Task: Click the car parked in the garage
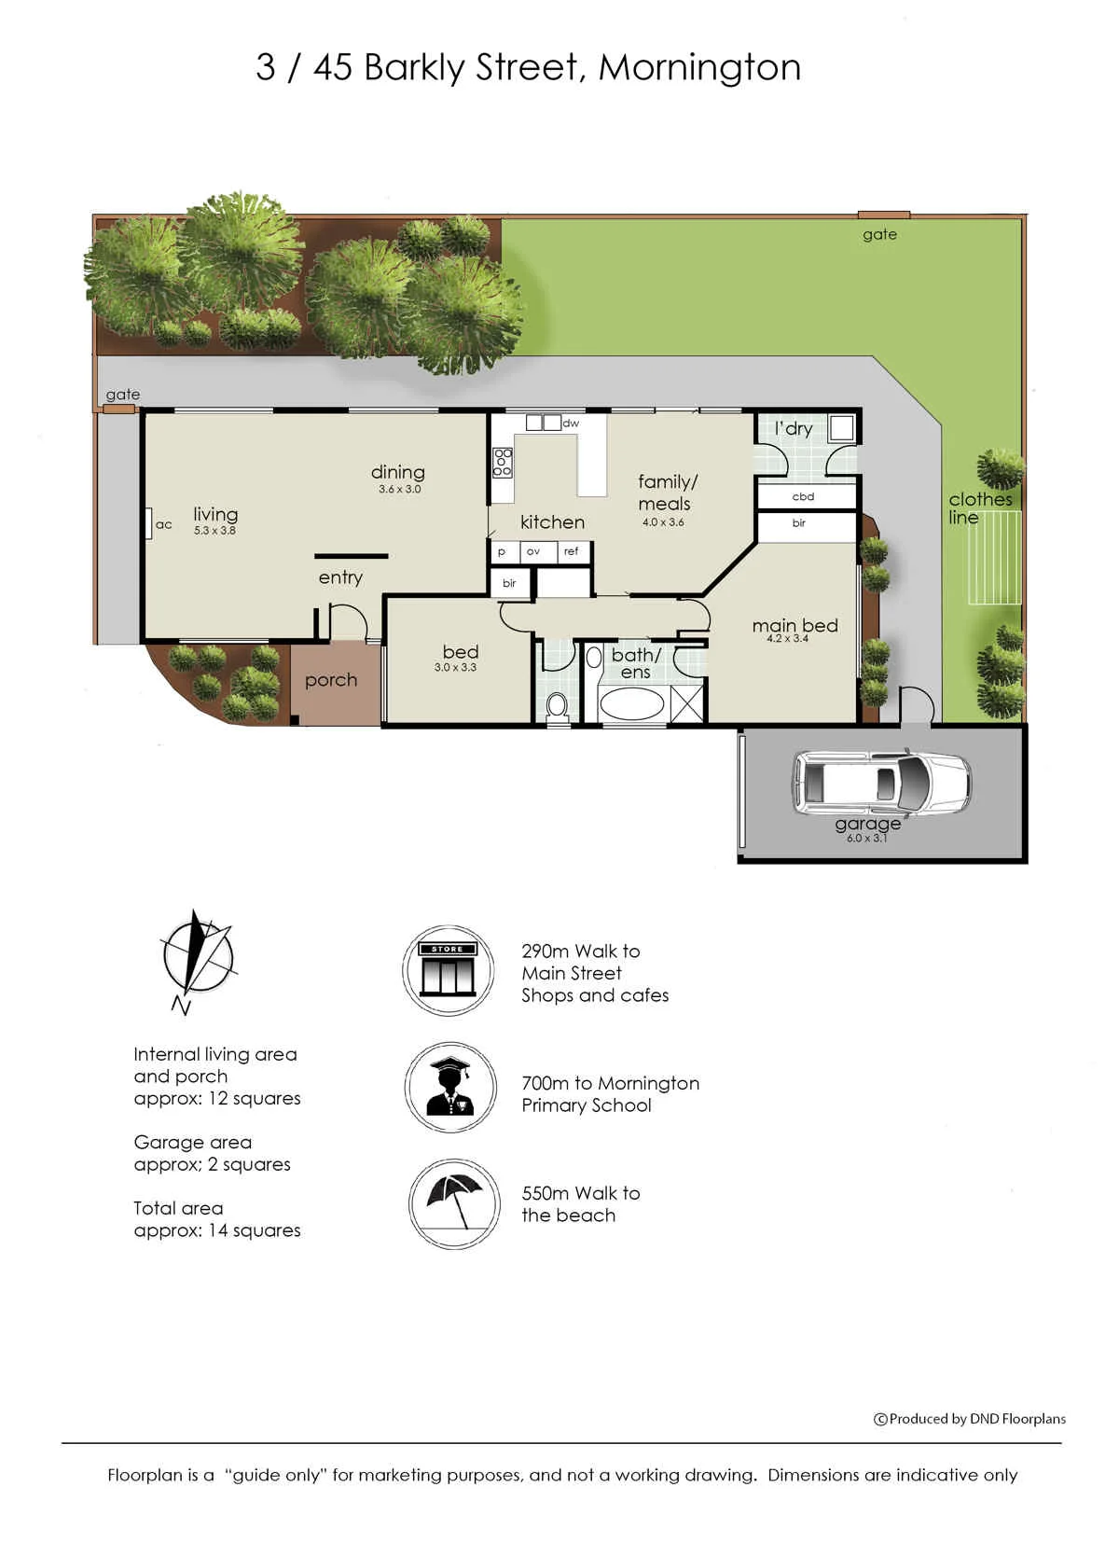coord(881,783)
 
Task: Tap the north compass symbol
coord(197,961)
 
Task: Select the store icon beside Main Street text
coord(448,970)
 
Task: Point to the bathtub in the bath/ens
coord(631,703)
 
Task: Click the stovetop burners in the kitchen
coord(503,462)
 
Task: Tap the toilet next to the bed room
coord(556,705)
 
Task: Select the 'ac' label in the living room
coord(164,524)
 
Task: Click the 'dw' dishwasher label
coord(571,424)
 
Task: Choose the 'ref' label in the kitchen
coord(572,550)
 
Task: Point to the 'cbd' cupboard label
coord(803,496)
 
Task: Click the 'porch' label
coord(331,680)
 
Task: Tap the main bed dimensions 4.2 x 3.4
coord(787,638)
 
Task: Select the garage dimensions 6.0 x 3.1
coord(866,838)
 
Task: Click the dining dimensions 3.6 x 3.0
coord(399,489)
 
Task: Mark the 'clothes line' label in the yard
coord(980,508)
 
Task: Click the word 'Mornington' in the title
coord(700,68)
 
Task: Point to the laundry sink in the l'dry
coord(841,428)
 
